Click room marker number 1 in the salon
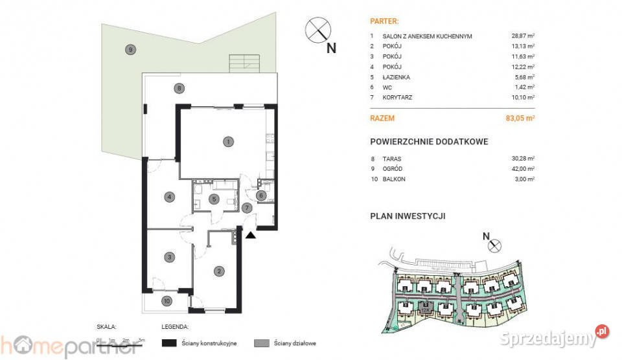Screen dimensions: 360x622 point(227,141)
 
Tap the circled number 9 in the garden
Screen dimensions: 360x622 point(130,49)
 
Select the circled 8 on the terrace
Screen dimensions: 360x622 point(179,88)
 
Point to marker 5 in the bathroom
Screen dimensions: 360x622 point(214,199)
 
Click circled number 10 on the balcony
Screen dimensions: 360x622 point(167,300)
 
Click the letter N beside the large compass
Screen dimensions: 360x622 point(331,47)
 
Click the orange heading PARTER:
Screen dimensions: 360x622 point(383,20)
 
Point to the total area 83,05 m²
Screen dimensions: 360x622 point(521,118)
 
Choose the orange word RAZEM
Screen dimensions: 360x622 point(382,118)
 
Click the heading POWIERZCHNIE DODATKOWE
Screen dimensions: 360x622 point(428,141)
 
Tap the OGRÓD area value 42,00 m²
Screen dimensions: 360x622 point(522,168)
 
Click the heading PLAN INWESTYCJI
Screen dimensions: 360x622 point(407,216)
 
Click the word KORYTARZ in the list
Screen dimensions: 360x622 point(397,97)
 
